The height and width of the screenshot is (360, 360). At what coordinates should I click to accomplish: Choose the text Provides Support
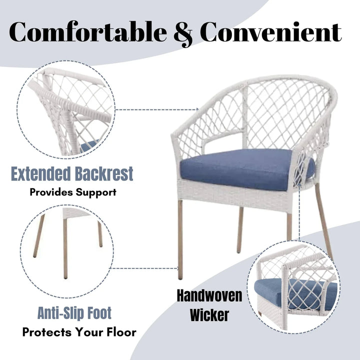coord(72,191)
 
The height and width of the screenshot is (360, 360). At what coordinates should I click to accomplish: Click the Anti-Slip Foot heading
coord(74,313)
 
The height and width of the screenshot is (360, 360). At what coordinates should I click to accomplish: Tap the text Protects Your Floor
coord(79,332)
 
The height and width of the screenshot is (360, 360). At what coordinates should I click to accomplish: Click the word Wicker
coord(209,315)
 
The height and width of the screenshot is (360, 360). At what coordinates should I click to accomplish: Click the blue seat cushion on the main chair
coord(240,169)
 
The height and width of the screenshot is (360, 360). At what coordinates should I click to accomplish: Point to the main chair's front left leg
coord(180,240)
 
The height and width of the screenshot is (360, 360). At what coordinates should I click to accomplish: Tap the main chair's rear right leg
coord(324,220)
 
